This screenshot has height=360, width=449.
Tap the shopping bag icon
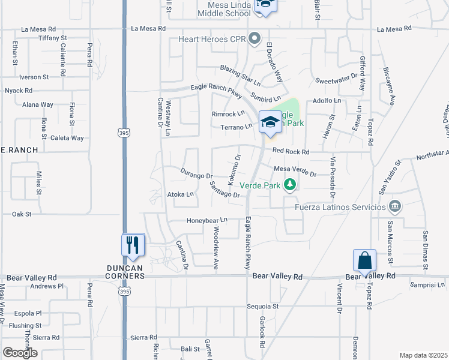click(364, 260)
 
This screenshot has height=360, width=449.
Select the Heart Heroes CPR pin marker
click(255, 39)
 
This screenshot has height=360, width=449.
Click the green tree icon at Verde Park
click(291, 185)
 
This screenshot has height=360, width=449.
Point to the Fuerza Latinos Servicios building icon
click(395, 207)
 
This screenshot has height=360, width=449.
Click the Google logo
click(20, 353)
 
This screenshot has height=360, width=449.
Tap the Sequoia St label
click(263, 306)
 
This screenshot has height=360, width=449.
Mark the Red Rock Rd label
click(290, 152)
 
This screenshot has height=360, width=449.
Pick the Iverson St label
click(34, 77)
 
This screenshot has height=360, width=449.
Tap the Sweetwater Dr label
click(336, 79)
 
